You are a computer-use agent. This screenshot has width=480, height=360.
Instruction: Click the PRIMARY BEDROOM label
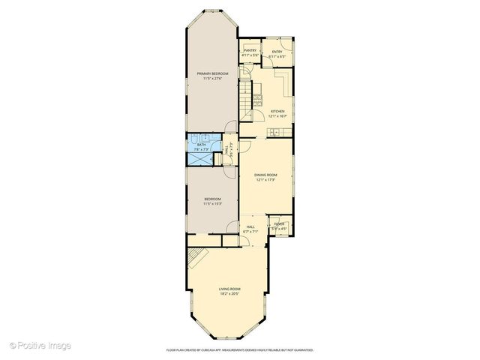pos(212,73)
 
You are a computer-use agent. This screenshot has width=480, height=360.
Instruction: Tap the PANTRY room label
pos(250,51)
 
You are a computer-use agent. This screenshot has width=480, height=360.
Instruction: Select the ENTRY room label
pos(277,51)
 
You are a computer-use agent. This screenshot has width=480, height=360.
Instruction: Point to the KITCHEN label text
pos(277,111)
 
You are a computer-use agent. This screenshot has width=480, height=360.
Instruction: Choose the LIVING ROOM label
pos(229,289)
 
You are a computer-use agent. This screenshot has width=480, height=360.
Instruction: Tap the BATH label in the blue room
pos(201,145)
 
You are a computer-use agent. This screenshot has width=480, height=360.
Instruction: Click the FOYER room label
pos(278,224)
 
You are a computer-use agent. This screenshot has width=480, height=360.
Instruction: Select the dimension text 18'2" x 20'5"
pos(229,294)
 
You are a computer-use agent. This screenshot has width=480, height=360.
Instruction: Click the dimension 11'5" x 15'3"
pos(212,203)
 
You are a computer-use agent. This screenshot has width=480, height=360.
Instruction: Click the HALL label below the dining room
pos(250,227)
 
